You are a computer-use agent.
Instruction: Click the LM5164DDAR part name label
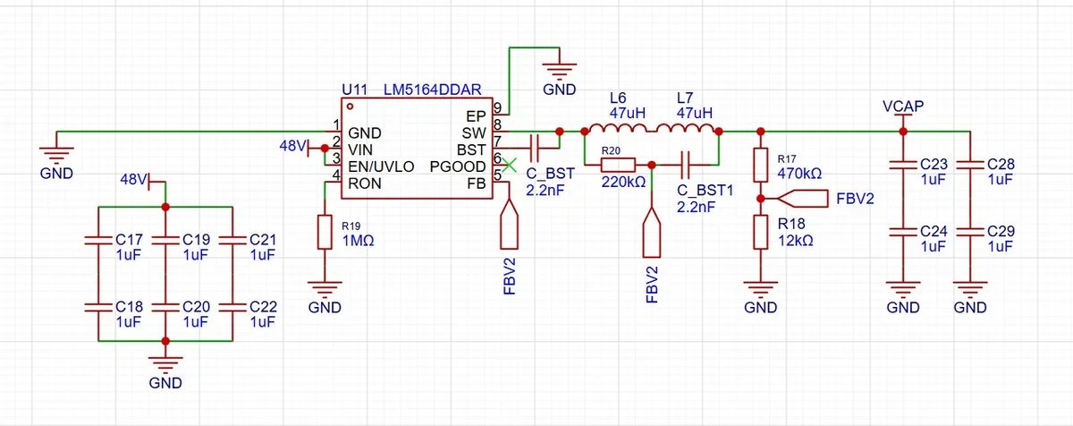pyautogui.click(x=433, y=89)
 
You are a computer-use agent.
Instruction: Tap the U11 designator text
pyautogui.click(x=355, y=89)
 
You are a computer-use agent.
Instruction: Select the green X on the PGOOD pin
pyautogui.click(x=509, y=166)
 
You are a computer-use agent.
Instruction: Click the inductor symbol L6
pyautogui.click(x=618, y=128)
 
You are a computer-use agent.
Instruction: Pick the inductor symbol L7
pyautogui.click(x=685, y=128)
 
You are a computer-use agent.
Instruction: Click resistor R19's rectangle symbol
pyautogui.click(x=325, y=233)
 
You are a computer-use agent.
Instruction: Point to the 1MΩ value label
pyautogui.click(x=359, y=241)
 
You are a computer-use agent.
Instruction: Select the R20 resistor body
pyautogui.click(x=618, y=166)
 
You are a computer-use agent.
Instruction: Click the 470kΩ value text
pyautogui.click(x=799, y=173)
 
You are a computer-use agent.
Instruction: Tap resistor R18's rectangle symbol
pyautogui.click(x=761, y=233)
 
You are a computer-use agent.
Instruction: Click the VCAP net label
pyautogui.click(x=903, y=106)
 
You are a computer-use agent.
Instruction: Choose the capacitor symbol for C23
pyautogui.click(x=903, y=166)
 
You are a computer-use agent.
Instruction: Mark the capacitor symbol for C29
pyautogui.click(x=970, y=233)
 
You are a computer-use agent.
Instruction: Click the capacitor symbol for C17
pyautogui.click(x=98, y=240)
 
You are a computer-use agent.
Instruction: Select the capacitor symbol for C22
pyautogui.click(x=232, y=307)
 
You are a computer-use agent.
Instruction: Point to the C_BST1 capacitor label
pyautogui.click(x=705, y=191)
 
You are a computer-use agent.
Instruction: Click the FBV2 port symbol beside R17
pyautogui.click(x=802, y=199)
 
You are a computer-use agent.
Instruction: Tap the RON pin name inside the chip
pyautogui.click(x=365, y=183)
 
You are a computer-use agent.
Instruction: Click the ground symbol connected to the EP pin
pyautogui.click(x=559, y=72)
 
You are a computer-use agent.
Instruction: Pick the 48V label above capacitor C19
pyautogui.click(x=133, y=180)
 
